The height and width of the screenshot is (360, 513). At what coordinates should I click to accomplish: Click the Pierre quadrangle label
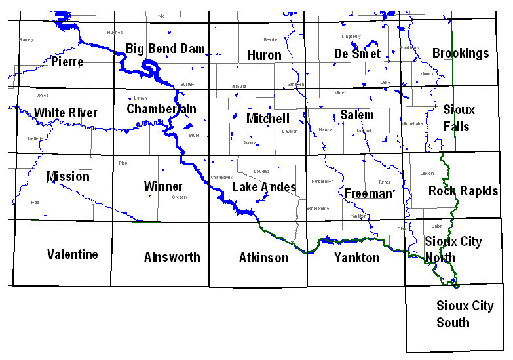(67, 62)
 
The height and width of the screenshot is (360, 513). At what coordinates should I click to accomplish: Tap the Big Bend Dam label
(165, 49)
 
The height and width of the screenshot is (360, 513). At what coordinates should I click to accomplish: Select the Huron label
(264, 56)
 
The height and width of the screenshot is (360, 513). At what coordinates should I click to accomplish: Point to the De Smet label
(357, 54)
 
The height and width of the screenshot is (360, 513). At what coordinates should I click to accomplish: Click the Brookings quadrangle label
(461, 53)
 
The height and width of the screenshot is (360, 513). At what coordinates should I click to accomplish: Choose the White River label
(66, 113)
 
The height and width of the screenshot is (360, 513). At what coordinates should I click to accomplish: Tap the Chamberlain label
(161, 108)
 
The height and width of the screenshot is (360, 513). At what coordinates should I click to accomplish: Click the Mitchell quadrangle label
(267, 119)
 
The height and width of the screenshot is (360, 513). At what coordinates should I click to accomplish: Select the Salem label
(357, 115)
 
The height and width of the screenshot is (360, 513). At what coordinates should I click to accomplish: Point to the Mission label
(68, 176)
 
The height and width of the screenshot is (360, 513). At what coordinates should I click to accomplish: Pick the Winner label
(163, 186)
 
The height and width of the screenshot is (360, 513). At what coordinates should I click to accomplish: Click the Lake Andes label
(264, 188)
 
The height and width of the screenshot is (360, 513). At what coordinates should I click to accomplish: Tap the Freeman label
(368, 193)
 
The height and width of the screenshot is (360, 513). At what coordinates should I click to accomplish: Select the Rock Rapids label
(463, 191)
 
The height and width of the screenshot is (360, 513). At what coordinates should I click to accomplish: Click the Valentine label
(72, 254)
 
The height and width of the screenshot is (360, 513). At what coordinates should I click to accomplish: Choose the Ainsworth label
(172, 257)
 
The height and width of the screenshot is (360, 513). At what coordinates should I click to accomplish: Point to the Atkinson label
(263, 258)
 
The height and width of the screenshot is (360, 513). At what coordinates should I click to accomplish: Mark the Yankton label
(356, 258)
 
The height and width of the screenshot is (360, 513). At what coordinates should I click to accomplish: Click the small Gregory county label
(180, 197)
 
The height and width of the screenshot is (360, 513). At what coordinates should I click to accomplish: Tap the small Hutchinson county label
(322, 182)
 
